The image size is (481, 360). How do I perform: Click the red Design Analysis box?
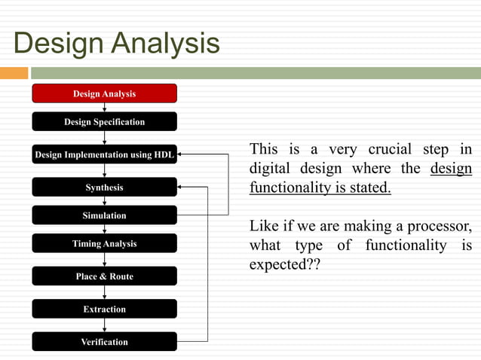click(104, 93)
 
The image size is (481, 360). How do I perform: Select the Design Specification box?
click(104, 121)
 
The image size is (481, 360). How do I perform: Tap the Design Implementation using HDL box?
click(104, 155)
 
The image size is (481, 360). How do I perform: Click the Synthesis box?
click(104, 187)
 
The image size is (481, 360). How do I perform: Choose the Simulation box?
click(104, 215)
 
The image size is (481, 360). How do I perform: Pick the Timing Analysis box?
click(104, 243)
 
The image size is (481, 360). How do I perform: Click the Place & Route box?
click(104, 276)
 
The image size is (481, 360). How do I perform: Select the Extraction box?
click(104, 309)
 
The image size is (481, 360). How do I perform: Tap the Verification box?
click(104, 342)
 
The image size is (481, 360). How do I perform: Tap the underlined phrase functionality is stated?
click(320, 188)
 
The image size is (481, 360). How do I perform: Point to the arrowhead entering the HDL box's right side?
click(181, 154)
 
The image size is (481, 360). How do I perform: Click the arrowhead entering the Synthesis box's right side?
click(181, 187)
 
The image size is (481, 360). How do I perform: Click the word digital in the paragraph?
click(270, 168)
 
